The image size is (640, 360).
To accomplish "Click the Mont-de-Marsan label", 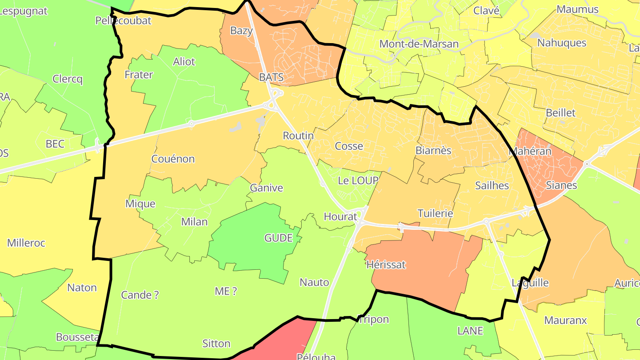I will coord(419,44).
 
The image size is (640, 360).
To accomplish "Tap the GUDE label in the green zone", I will coord(278,238).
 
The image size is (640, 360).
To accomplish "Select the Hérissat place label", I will coord(386,264).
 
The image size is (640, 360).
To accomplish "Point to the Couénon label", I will coord(173,159).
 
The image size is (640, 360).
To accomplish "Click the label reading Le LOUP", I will coord(358,180).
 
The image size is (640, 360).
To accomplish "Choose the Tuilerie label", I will coord(435,213).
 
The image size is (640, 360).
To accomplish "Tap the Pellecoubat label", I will coord(123,20).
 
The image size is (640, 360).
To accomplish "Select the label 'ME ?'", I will coord(226,291).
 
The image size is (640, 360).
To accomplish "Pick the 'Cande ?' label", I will coord(140,295).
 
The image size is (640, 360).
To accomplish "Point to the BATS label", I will coord(271,77).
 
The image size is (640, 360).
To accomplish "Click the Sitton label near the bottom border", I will coord(216,344).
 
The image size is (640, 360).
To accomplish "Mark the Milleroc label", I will coord(26,243).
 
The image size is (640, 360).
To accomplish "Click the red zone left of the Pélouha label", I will coord(284,340).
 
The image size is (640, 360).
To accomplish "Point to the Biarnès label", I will coord(433,150).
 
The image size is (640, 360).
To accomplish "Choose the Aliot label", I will coord(184,61).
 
